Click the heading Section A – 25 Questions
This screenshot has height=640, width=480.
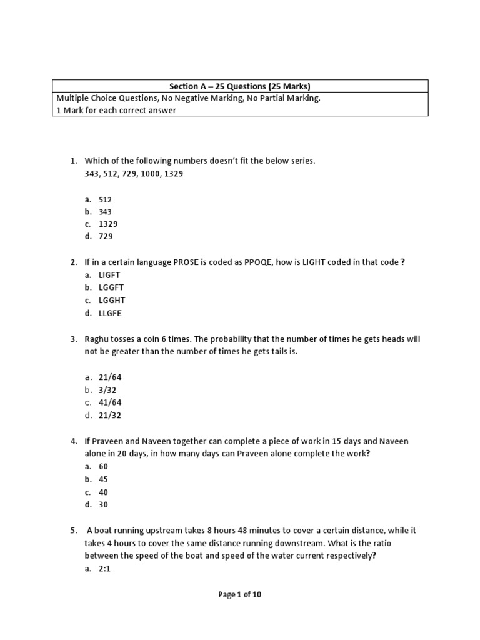[240, 86]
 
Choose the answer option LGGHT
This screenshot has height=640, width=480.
[112, 300]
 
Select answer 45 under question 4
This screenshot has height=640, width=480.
[103, 479]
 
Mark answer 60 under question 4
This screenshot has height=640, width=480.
[103, 466]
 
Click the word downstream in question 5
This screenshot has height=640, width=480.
[283, 543]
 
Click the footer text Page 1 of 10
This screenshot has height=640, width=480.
[240, 594]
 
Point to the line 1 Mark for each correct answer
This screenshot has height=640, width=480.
[116, 111]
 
